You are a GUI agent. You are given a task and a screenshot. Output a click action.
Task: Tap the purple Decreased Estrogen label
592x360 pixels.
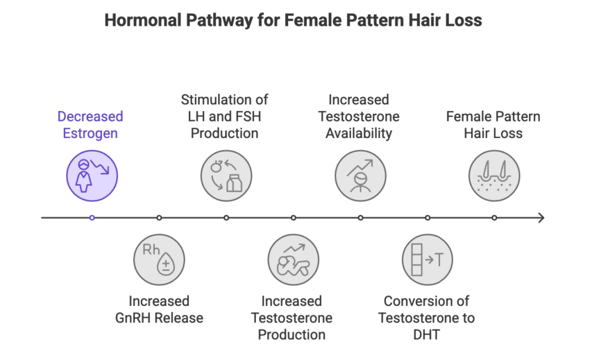click(90, 125)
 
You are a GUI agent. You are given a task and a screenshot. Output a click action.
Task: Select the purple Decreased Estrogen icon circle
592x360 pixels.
click(92, 175)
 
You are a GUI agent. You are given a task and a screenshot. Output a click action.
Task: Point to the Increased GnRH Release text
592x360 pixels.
click(159, 309)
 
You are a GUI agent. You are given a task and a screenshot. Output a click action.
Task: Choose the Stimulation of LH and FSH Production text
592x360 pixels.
click(224, 117)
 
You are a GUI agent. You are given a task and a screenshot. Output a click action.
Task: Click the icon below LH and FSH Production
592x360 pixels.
click(226, 175)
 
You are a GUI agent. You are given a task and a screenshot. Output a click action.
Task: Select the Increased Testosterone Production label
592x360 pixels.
click(291, 318)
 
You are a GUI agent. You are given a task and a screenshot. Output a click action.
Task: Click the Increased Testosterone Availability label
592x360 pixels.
click(359, 117)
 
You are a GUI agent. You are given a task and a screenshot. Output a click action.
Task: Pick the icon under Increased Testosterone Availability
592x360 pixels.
click(360, 175)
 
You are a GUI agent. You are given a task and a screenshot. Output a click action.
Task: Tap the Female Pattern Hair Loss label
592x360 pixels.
click(493, 125)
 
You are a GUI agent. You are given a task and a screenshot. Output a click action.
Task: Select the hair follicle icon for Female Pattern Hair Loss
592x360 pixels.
click(494, 175)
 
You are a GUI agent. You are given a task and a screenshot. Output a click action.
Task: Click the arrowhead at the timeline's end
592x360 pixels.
click(541, 218)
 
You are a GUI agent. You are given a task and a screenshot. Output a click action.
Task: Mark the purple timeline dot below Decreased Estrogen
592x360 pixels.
click(92, 218)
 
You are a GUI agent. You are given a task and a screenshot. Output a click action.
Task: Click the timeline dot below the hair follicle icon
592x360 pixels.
click(494, 218)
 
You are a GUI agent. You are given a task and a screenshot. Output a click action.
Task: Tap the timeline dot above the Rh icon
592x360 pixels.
click(159, 218)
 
